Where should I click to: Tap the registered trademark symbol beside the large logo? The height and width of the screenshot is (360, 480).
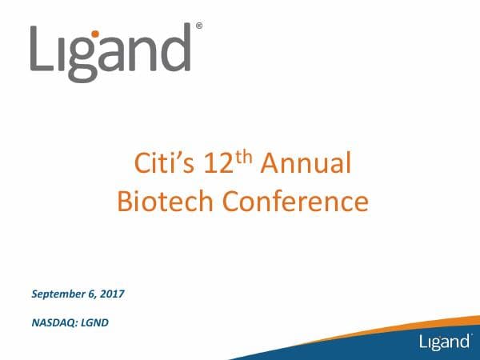[198, 26]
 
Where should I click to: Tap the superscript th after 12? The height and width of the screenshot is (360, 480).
[250, 158]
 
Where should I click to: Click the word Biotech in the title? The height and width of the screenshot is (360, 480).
[166, 200]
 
